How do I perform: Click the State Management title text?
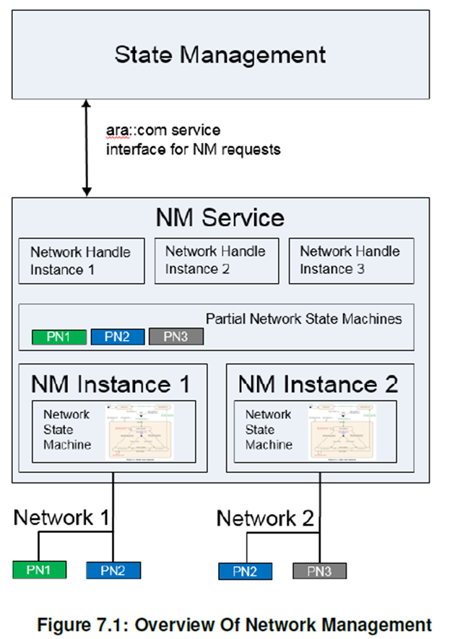coord(220,55)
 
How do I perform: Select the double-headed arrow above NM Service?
coord(87,148)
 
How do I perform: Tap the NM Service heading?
coord(220,217)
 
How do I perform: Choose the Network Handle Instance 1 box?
coord(81,261)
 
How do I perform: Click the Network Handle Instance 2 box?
coord(216,261)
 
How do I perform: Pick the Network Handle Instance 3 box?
coord(351,261)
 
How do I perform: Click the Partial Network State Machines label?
coord(304,318)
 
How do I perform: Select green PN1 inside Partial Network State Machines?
coord(59,336)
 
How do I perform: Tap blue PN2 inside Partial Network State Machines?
coord(118,336)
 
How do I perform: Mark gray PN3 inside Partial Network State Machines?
coord(176,336)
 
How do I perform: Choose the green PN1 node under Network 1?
coord(39,570)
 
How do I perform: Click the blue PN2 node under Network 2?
coord(246,572)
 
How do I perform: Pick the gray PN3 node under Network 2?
coord(319,572)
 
